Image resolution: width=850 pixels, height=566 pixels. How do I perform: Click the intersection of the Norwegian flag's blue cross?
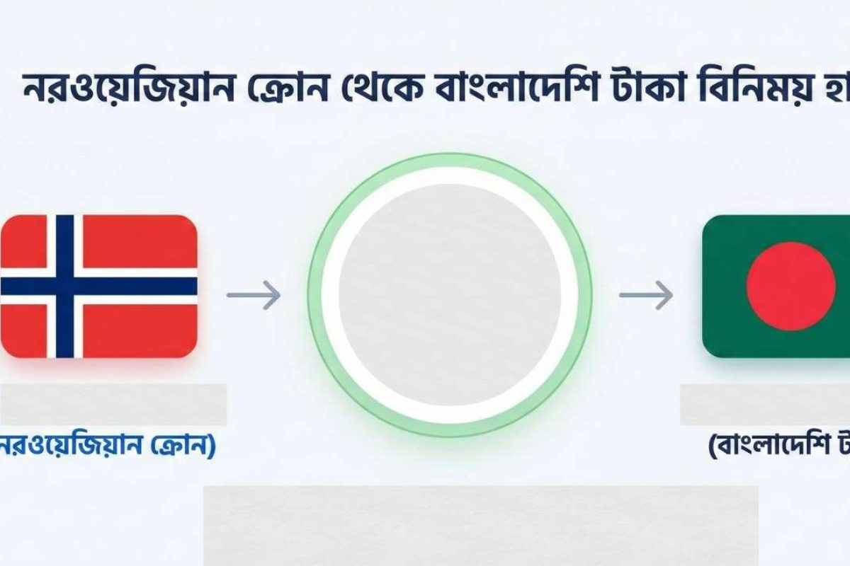(x=64, y=286)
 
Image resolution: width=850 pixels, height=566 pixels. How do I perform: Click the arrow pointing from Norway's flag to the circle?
(x=254, y=294)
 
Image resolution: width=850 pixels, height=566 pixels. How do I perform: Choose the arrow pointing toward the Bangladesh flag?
(x=646, y=294)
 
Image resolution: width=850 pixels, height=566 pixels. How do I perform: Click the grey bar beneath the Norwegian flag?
(x=113, y=405)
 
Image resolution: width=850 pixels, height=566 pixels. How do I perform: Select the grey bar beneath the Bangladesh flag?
(x=765, y=405)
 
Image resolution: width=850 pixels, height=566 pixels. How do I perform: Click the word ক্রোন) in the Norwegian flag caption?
(x=182, y=449)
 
